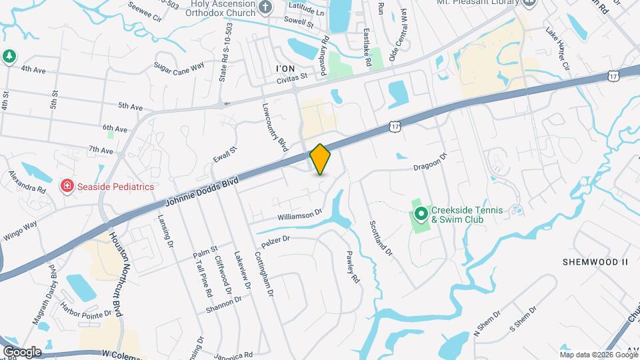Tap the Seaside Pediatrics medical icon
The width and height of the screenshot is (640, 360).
67,187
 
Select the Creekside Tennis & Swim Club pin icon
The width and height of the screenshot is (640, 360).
421,214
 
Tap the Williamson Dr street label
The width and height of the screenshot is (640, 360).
299,215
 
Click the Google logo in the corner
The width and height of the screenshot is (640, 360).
21,351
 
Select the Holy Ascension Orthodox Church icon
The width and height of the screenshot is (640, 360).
266,9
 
